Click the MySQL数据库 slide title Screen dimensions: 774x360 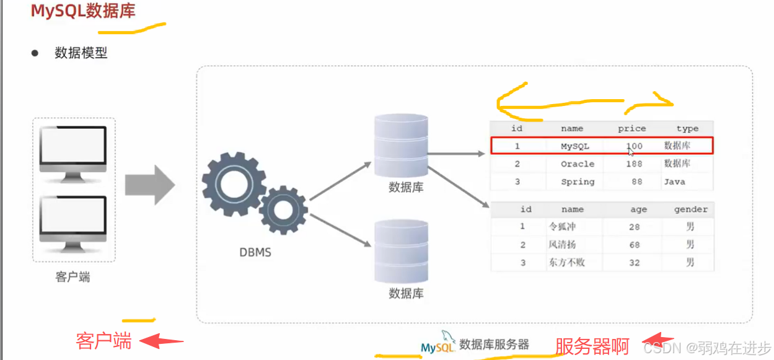(83, 12)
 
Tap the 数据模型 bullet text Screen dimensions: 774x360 (81, 53)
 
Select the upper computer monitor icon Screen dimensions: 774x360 (73, 152)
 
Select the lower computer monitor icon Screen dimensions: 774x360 (73, 223)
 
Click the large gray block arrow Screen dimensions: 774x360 (149, 185)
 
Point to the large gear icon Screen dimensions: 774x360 (234, 184)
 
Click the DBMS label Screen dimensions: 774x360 (255, 253)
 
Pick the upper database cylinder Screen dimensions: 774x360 (401, 146)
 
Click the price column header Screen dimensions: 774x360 (631, 129)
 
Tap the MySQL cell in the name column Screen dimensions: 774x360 (574, 147)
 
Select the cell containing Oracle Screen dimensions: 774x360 (577, 164)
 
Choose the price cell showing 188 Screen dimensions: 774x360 (634, 164)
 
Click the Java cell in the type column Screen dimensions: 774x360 (674, 182)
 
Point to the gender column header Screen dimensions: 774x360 (690, 209)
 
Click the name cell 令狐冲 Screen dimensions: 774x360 (562, 227)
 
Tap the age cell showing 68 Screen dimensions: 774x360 (634, 245)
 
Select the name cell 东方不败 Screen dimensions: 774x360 (566, 263)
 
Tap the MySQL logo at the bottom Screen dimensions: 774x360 (439, 345)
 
